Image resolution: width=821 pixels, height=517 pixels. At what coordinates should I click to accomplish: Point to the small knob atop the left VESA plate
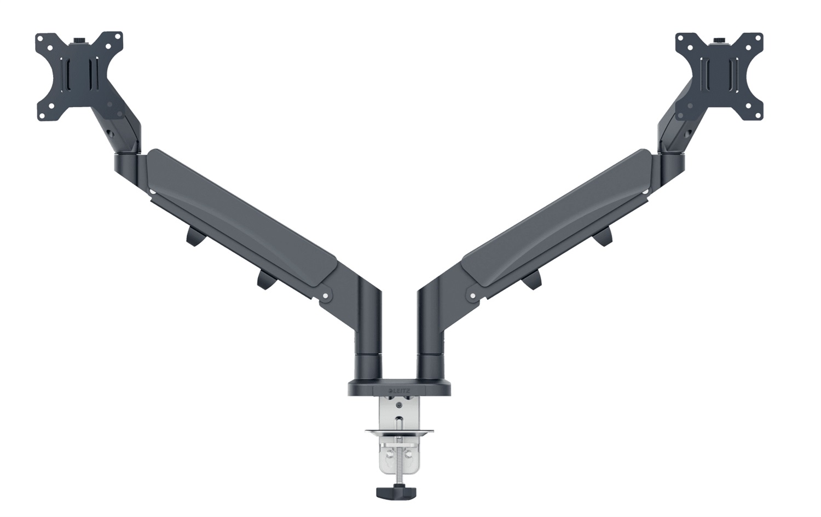(x=79, y=40)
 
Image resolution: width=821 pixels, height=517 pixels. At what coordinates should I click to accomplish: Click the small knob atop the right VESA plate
(x=719, y=40)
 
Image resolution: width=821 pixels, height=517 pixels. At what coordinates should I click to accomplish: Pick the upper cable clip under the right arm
(x=603, y=236)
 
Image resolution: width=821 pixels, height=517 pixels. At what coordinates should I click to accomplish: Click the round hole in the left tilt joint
(x=114, y=133)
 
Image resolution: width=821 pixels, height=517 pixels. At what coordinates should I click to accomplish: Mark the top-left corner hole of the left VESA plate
(x=42, y=39)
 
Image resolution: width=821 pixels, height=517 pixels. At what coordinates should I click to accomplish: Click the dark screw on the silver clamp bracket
(x=398, y=405)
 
